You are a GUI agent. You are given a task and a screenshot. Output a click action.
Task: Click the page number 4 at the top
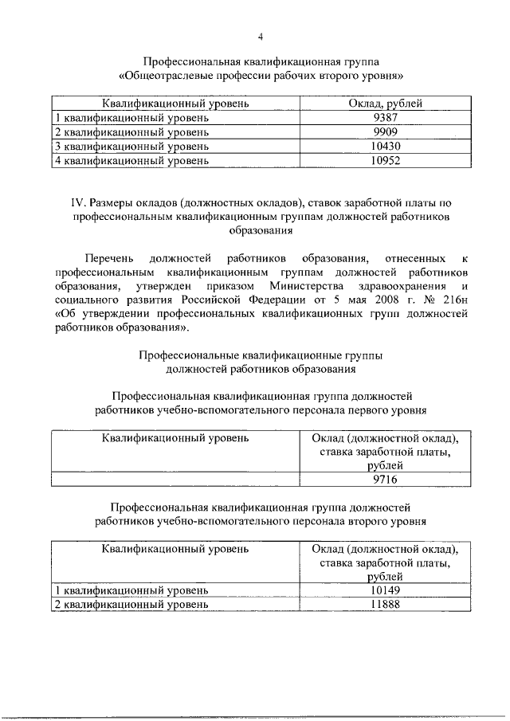point(260,36)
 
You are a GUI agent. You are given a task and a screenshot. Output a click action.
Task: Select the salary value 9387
point(385,118)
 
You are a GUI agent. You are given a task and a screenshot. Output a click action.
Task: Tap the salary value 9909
point(385,131)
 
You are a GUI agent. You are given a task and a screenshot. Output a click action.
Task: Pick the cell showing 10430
point(385,146)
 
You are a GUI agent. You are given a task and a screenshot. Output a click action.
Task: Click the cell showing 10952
point(385,160)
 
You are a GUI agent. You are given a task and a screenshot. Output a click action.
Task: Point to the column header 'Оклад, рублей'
point(385,104)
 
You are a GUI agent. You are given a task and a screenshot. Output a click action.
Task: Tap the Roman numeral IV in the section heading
point(67,202)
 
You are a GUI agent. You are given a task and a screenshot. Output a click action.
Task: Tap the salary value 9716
point(385,480)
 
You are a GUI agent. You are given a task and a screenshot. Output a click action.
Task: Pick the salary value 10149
point(385,590)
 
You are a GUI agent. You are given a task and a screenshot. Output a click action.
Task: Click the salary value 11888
point(385,605)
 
